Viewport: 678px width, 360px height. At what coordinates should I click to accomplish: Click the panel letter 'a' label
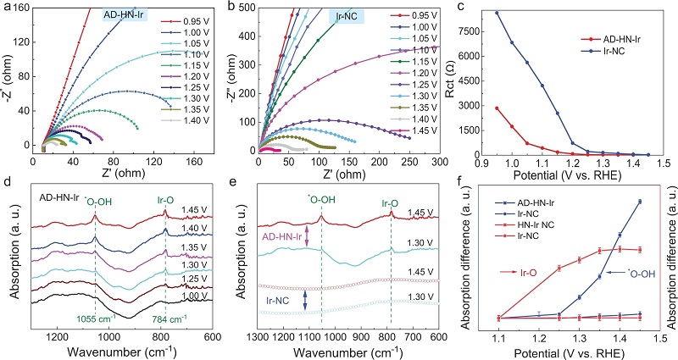[6, 6]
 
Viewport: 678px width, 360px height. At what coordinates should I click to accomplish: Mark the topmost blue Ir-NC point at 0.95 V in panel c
[497, 13]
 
